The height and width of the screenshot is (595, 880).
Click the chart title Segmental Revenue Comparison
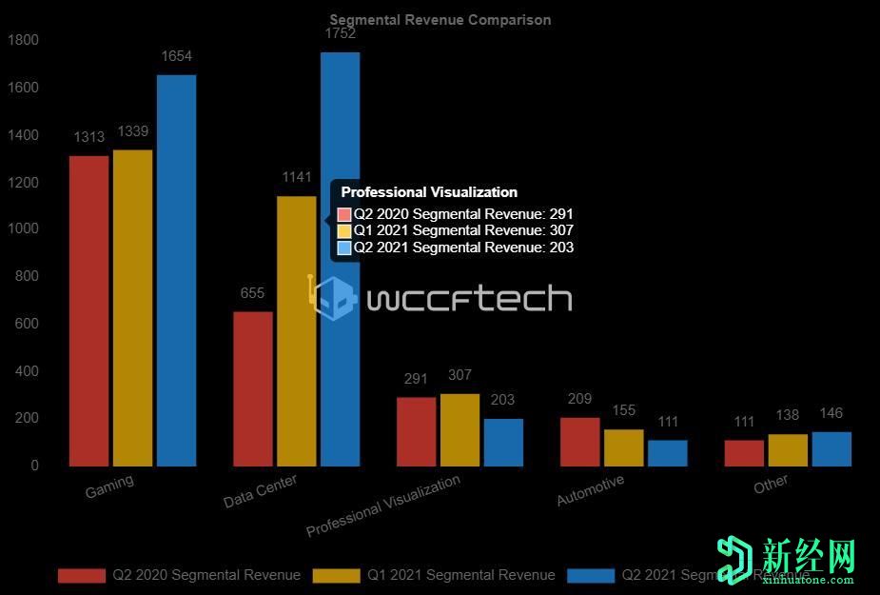coord(440,20)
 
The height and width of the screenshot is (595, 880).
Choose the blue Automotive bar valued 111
coord(667,453)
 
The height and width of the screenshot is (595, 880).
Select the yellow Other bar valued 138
coord(787,450)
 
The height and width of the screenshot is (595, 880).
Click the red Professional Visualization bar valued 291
coord(416,431)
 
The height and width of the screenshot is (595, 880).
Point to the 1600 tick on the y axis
coord(23,88)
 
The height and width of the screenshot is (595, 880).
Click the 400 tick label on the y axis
coord(27,371)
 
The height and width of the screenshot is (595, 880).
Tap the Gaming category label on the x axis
coord(109,486)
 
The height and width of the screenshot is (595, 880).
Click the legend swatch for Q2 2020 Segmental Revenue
coord(81,575)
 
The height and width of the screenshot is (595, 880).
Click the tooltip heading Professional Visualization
coord(429,192)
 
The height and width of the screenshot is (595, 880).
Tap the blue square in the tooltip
coord(344,248)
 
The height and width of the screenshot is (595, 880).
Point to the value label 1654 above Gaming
coord(176,56)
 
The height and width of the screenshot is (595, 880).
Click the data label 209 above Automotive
coord(579,399)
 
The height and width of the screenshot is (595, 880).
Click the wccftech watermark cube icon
coord(332,298)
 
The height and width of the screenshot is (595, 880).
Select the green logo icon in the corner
coord(735,560)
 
